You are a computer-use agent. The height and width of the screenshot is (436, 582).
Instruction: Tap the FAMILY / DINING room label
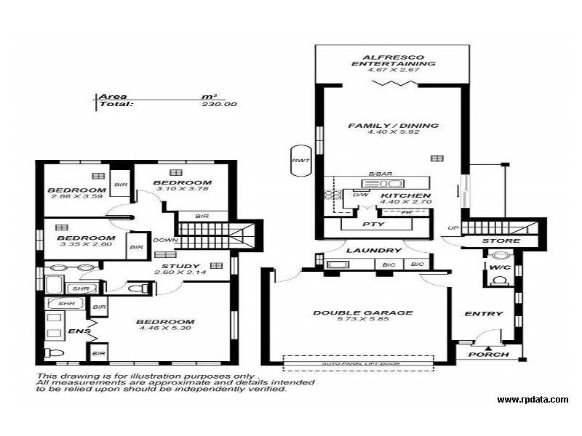[393, 126]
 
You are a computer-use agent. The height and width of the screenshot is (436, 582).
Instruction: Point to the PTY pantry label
[373, 225]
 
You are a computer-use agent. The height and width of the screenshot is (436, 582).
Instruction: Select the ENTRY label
[484, 314]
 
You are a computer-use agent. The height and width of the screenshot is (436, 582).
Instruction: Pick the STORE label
[501, 241]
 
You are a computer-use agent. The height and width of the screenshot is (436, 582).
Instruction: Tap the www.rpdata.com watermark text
[533, 400]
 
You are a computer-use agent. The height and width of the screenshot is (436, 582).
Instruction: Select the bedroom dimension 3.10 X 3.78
[182, 190]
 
